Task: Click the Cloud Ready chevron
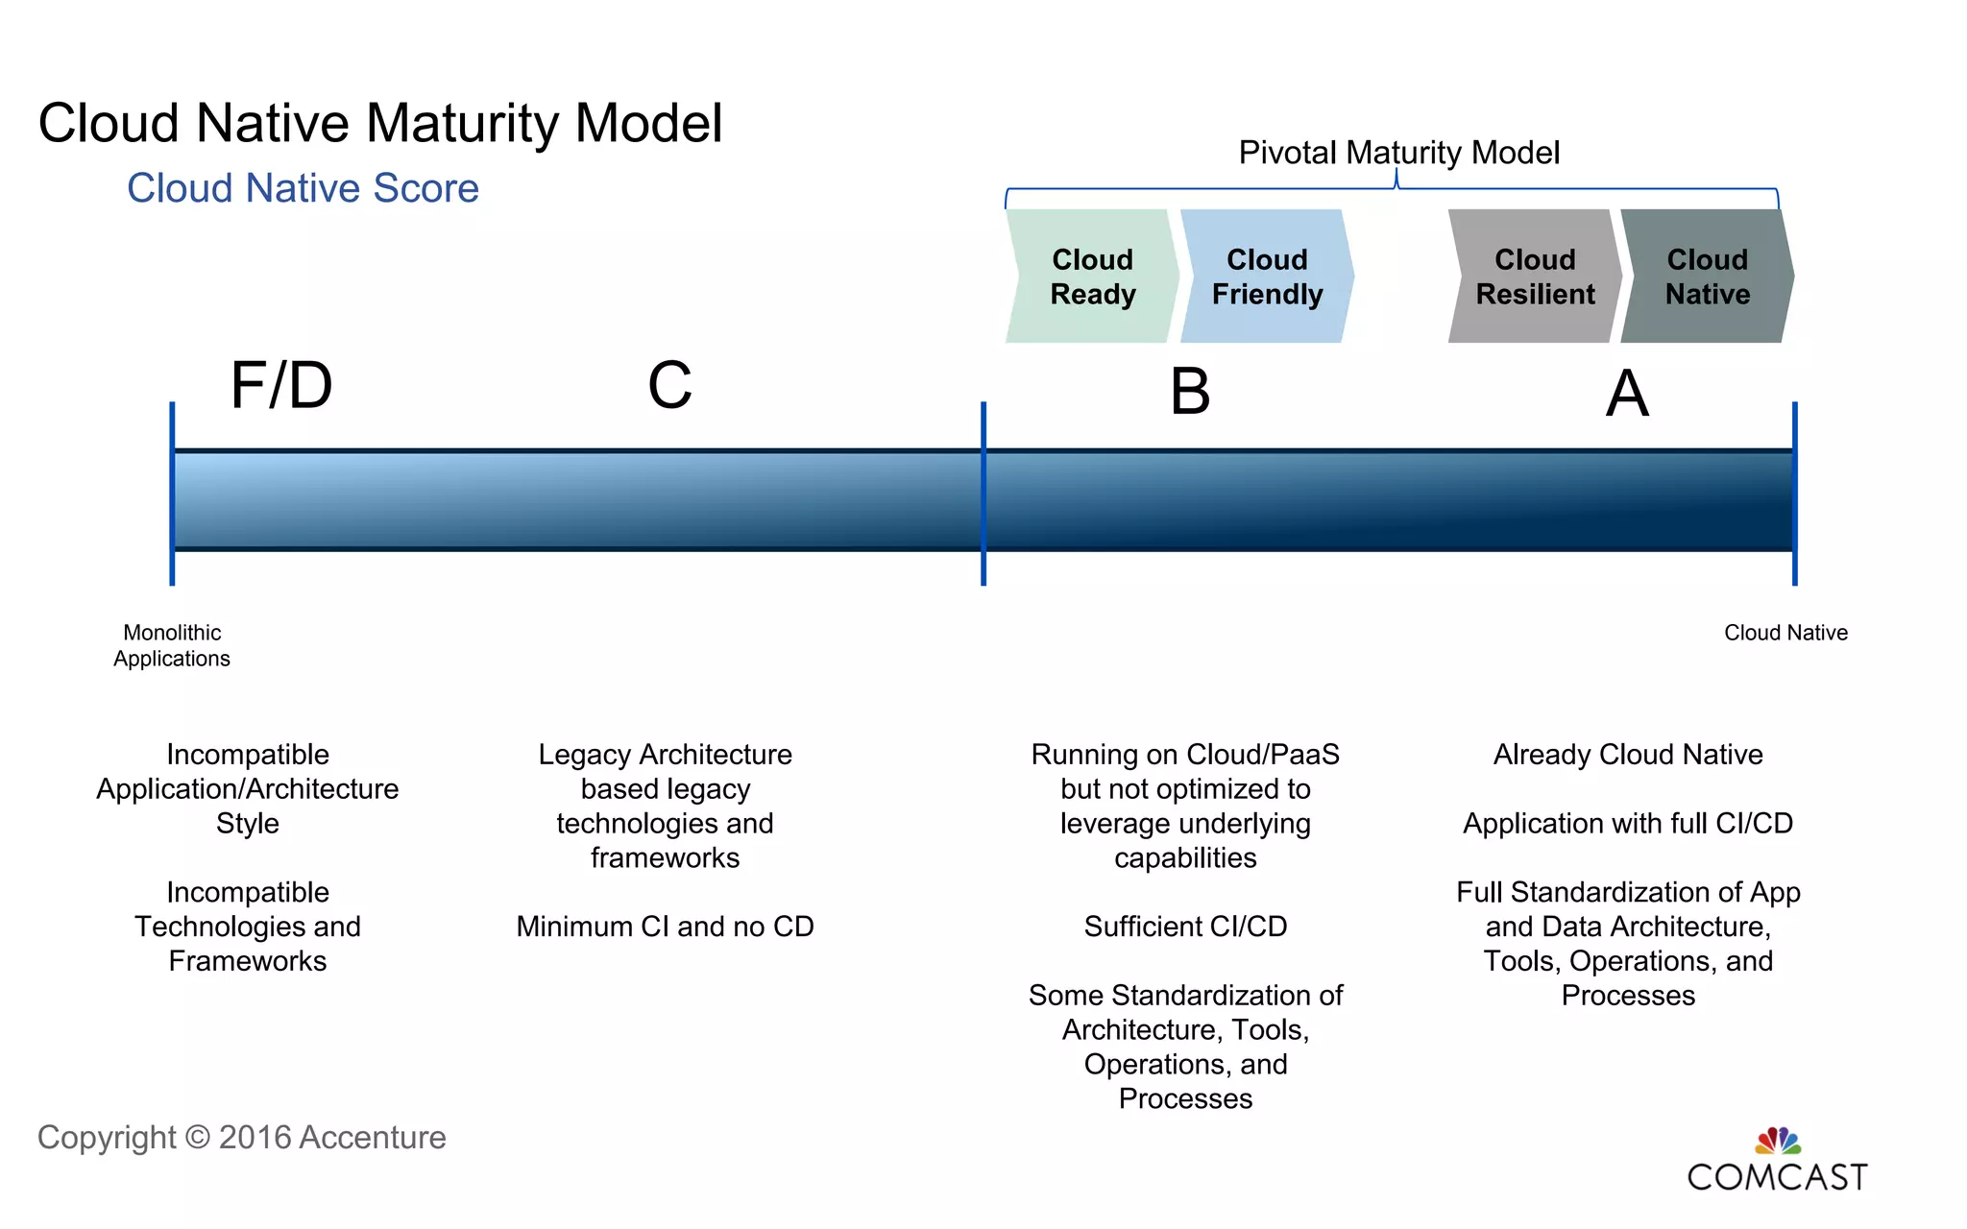click(x=1092, y=277)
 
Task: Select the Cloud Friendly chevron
click(x=1267, y=277)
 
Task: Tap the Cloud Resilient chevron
click(x=1535, y=277)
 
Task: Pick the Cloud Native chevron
click(x=1707, y=277)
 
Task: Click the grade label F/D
click(x=281, y=386)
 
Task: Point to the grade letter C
click(x=669, y=386)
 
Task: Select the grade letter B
click(x=1190, y=393)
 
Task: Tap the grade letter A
click(x=1627, y=394)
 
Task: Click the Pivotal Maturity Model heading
click(x=1398, y=153)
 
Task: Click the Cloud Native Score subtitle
click(x=303, y=188)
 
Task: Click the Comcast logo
click(x=1777, y=1162)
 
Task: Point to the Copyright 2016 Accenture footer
click(x=241, y=1138)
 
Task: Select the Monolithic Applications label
click(x=172, y=645)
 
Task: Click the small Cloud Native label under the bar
click(x=1785, y=633)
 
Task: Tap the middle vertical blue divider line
click(x=983, y=494)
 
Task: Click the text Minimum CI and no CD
click(x=665, y=927)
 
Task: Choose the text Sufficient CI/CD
click(x=1185, y=927)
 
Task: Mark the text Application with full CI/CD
click(x=1628, y=824)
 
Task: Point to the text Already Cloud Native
click(x=1628, y=755)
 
